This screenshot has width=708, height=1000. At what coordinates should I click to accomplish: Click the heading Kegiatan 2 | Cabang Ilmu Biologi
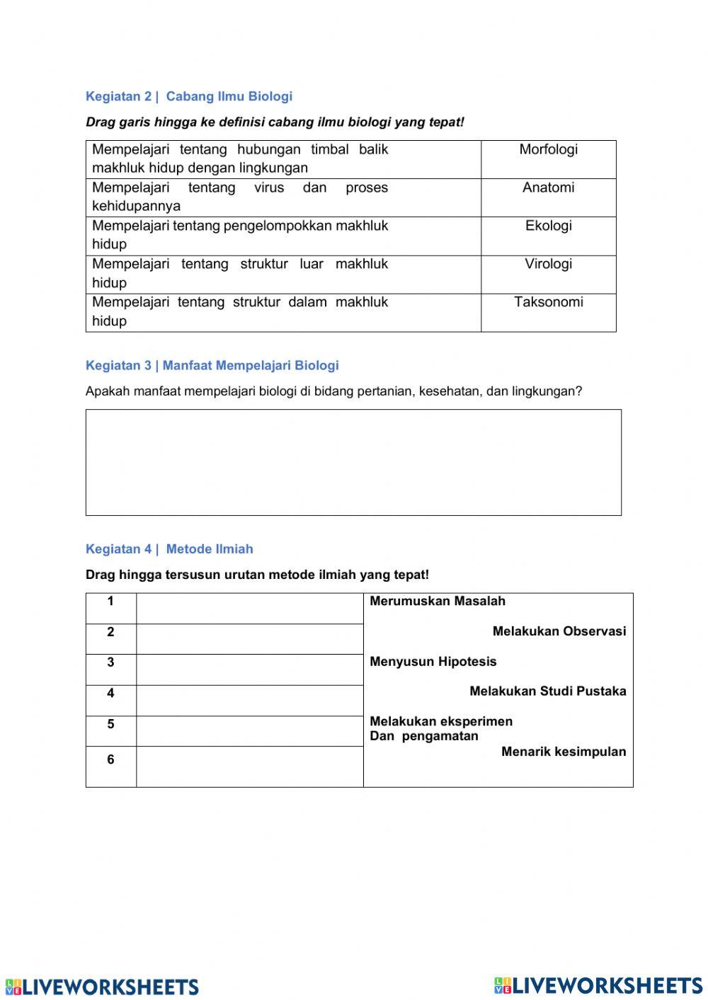click(188, 96)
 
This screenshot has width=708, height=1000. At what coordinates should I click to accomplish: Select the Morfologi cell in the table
click(548, 149)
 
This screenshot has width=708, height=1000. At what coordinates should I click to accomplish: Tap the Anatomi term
click(548, 188)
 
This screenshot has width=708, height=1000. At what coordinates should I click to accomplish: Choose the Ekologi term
click(548, 226)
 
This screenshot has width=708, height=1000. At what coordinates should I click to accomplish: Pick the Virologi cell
click(548, 264)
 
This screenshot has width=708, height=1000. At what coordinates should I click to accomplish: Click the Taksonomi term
click(548, 302)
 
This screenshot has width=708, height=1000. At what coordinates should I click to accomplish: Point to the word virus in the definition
click(269, 188)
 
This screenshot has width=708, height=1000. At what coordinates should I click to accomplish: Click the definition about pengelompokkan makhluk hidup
click(240, 235)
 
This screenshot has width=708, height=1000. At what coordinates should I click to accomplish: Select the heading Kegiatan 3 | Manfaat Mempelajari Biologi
click(212, 365)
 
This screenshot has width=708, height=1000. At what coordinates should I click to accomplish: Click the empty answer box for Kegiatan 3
click(353, 462)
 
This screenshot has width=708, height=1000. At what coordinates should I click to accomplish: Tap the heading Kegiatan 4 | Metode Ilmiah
click(169, 549)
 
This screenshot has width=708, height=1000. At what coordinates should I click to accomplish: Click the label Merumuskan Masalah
click(438, 601)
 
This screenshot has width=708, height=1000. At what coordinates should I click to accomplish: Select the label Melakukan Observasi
click(559, 631)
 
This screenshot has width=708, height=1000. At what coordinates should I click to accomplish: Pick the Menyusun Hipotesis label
click(433, 662)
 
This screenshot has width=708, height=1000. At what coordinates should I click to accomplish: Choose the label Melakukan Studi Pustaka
click(547, 691)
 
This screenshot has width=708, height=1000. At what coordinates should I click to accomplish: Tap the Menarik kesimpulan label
click(564, 752)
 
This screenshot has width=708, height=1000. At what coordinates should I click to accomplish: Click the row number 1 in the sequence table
click(110, 602)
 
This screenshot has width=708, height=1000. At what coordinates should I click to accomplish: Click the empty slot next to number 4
click(249, 701)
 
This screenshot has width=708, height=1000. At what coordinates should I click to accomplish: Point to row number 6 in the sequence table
click(110, 759)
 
